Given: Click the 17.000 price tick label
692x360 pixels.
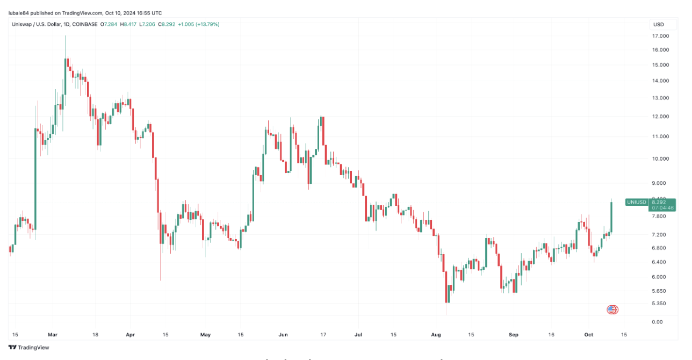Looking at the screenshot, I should pyautogui.click(x=660, y=36).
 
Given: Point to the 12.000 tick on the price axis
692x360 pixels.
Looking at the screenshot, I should pyautogui.click(x=660, y=117).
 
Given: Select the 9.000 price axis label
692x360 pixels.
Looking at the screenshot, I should pyautogui.click(x=659, y=183).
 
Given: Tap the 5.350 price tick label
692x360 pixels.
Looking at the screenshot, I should pyautogui.click(x=659, y=304).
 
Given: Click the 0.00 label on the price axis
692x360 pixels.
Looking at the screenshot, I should pyautogui.click(x=657, y=322).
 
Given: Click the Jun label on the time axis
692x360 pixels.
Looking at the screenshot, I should pyautogui.click(x=283, y=335).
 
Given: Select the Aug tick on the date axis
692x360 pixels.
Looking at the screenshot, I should pyautogui.click(x=436, y=335).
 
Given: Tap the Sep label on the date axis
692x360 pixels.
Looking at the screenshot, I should pyautogui.click(x=514, y=335).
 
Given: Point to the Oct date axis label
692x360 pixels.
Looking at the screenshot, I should pyautogui.click(x=588, y=335).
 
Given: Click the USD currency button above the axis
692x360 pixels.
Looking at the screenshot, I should pyautogui.click(x=658, y=24).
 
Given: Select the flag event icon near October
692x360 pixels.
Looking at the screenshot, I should pyautogui.click(x=612, y=309).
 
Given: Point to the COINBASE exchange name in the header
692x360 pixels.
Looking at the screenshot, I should pyautogui.click(x=84, y=24).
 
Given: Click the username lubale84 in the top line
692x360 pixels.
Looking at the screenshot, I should pyautogui.click(x=20, y=13).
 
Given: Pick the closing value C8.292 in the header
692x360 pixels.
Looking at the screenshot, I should pyautogui.click(x=166, y=24).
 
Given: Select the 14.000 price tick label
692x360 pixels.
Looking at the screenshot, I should pyautogui.click(x=660, y=81).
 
